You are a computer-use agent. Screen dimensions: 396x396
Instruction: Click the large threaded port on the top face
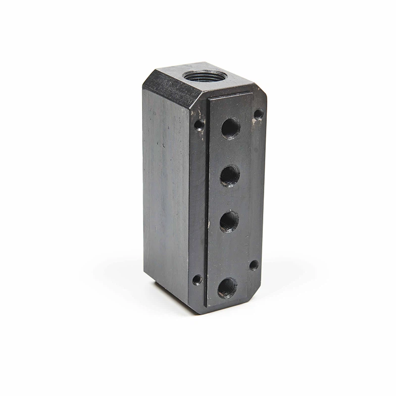pos(204,77)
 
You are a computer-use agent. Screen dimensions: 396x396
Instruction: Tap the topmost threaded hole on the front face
pos(230,128)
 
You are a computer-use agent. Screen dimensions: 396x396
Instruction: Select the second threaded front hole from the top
pos(230,176)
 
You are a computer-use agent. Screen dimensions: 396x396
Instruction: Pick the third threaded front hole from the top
pos(229,221)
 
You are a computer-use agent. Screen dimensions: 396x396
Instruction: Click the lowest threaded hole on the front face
pos(227,288)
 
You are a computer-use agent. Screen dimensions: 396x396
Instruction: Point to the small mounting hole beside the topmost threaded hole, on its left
pos(199,125)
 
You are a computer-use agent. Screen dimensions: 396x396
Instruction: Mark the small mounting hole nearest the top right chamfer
pos(258,114)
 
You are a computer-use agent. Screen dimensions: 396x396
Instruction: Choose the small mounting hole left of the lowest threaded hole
pos(197,280)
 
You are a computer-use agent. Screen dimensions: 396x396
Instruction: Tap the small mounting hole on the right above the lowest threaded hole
pos(253,265)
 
